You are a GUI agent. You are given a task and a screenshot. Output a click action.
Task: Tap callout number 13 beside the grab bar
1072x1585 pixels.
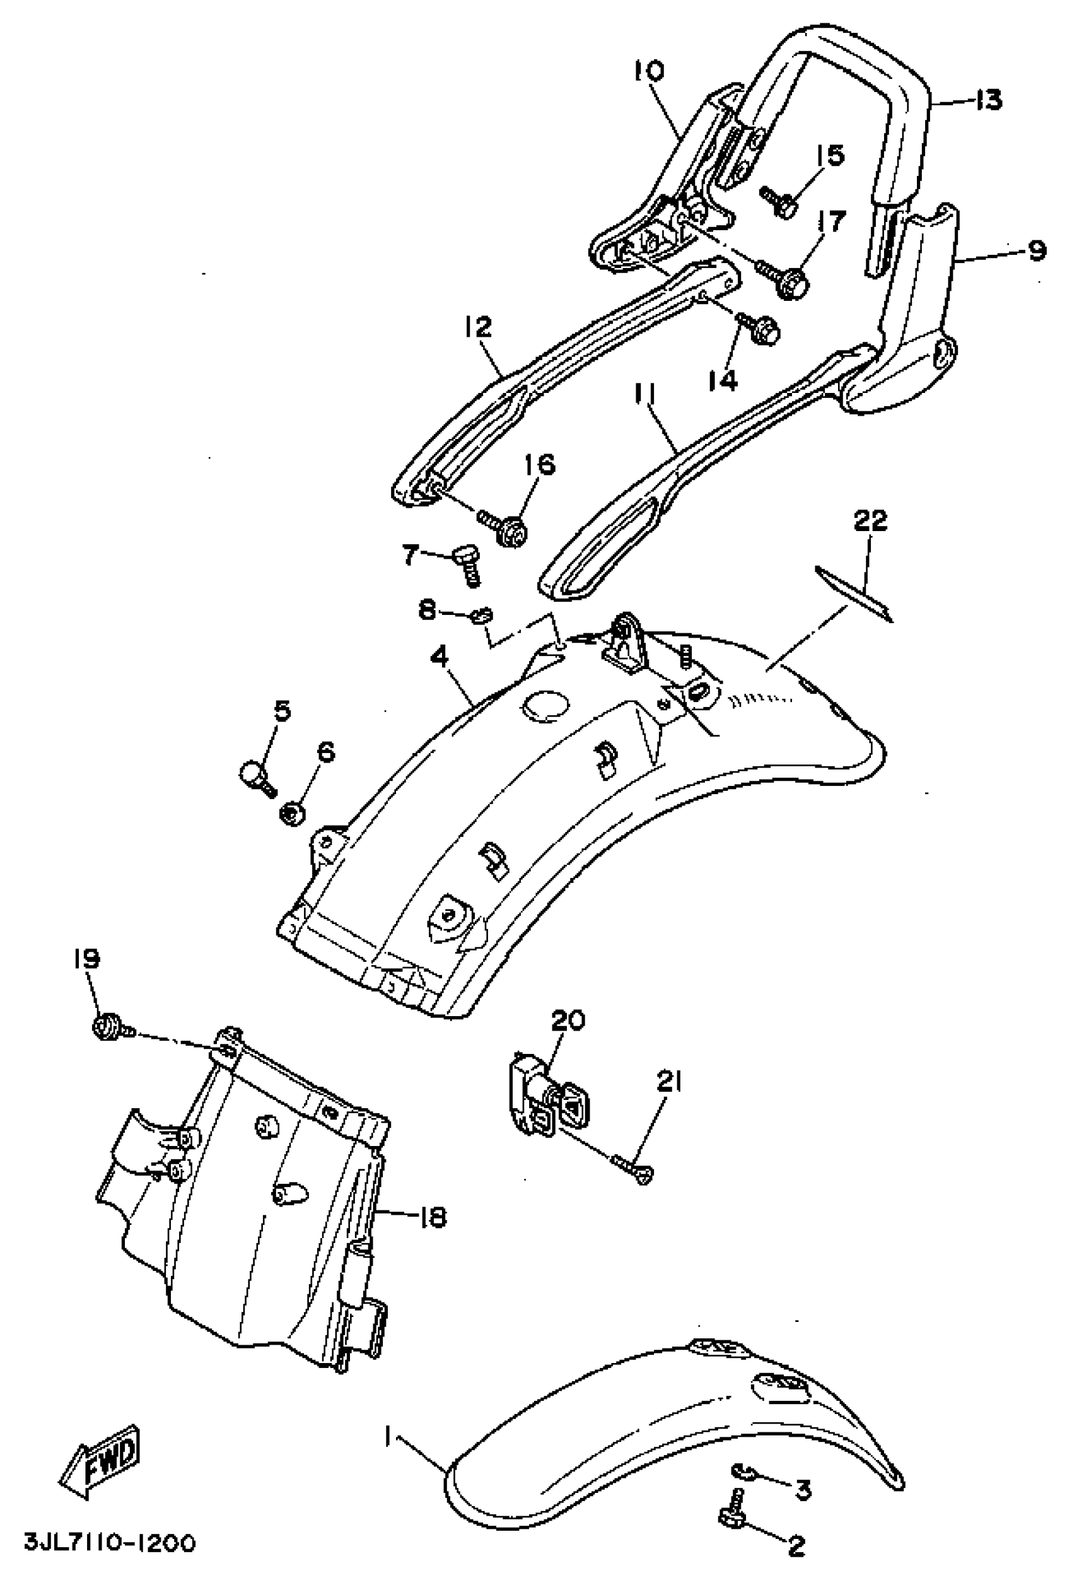pyautogui.click(x=988, y=100)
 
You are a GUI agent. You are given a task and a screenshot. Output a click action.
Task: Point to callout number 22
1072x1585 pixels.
pyautogui.click(x=871, y=521)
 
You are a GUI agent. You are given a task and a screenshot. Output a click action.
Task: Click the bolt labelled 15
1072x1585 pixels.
pyautogui.click(x=780, y=202)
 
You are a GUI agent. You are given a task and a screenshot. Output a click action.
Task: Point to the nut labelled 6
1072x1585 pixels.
pyautogui.click(x=294, y=812)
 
